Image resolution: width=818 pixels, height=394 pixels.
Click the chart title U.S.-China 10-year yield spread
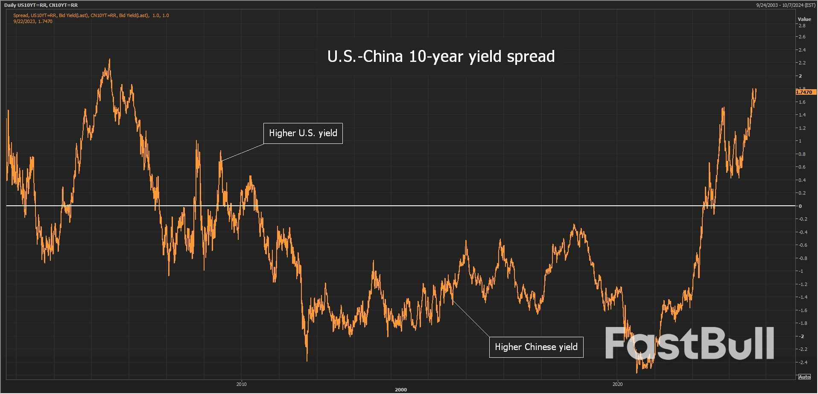tap(441, 56)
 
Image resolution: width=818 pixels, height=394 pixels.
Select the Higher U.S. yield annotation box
tap(303, 133)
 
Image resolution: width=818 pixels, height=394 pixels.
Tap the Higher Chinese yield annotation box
tap(536, 347)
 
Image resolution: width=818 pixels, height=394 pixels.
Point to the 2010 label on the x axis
tap(241, 384)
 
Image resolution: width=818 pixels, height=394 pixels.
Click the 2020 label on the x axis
tap(617, 384)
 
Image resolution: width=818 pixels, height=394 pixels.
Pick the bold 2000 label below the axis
tap(400, 390)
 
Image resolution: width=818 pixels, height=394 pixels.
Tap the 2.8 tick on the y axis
tap(802, 26)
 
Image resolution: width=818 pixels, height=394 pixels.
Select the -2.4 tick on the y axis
tap(802, 362)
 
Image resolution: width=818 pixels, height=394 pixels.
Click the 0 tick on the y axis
tap(800, 206)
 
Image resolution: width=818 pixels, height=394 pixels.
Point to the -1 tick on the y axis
tap(801, 271)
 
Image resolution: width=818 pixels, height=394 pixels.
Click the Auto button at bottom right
tap(804, 376)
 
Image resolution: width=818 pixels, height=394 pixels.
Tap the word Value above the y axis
tap(804, 19)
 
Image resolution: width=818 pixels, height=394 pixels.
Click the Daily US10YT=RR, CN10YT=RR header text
tap(41, 5)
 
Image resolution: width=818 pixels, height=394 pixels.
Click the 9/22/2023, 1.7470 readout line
tap(33, 21)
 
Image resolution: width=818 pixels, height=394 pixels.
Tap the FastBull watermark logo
tap(689, 343)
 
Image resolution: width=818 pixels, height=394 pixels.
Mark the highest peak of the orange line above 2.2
tap(110, 60)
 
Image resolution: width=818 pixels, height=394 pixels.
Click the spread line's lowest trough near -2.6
tap(637, 372)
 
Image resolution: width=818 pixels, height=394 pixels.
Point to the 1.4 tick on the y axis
tap(802, 115)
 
